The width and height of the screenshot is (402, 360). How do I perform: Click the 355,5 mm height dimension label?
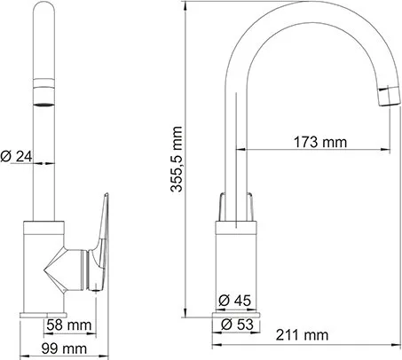coord(177,160)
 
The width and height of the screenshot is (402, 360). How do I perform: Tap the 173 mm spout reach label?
coord(320,142)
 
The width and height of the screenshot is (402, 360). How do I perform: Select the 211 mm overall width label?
coord(302,335)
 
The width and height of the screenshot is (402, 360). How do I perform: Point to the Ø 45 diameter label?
coord(234,301)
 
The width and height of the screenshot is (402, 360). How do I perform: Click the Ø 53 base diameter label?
coord(237,325)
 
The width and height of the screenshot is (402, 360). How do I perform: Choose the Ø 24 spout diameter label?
coord(16,156)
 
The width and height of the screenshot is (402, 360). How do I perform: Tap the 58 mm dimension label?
coord(69,325)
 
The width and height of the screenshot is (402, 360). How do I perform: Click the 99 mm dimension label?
coord(64,348)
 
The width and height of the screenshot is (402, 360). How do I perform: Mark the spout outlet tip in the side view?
coord(390,97)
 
